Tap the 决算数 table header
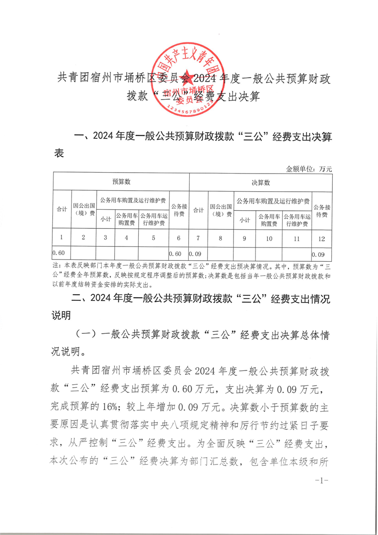[261, 182]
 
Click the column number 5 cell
[153, 237]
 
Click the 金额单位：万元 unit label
[308, 168]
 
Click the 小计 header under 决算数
[245, 220]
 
